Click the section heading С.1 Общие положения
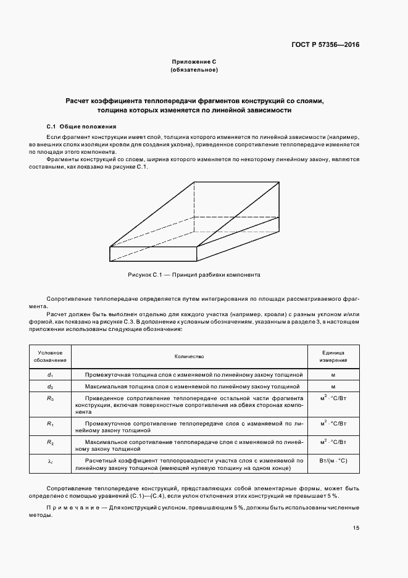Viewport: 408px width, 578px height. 77,126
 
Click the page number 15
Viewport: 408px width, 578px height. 356,527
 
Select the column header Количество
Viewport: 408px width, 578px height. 189,356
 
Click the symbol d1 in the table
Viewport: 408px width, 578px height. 50,375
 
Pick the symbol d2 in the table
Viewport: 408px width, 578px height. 50,387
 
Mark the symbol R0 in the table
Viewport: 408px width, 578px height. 50,398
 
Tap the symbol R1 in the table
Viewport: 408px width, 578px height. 50,424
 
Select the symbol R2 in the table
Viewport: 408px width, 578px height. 50,443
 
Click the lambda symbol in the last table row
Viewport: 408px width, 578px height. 50,461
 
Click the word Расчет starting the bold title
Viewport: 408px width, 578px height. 78,100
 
